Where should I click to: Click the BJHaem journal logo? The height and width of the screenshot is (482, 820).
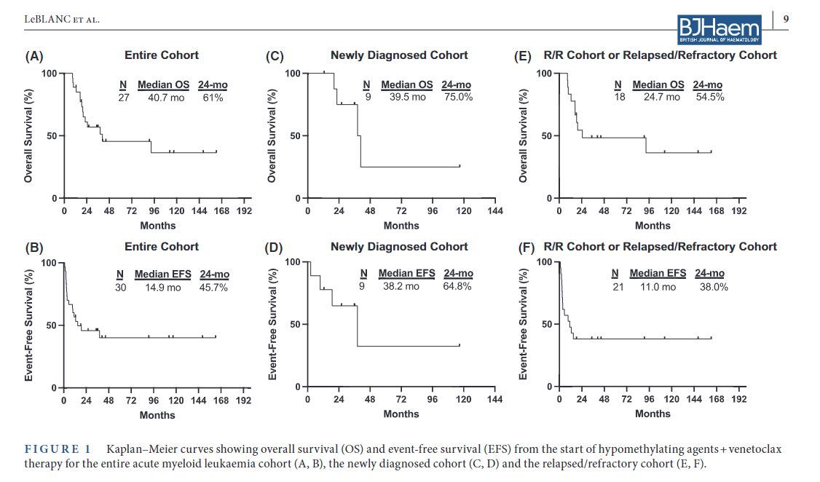pyautogui.click(x=719, y=29)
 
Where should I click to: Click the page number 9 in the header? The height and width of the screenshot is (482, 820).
pyautogui.click(x=785, y=18)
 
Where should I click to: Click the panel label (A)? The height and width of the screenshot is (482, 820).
pyautogui.click(x=34, y=56)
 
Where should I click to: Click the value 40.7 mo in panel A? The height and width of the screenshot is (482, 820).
pyautogui.click(x=167, y=97)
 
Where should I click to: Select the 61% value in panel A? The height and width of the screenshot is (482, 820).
pyautogui.click(x=213, y=97)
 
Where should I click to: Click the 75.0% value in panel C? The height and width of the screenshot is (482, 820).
pyautogui.click(x=458, y=96)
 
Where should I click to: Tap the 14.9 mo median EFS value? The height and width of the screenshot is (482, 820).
pyautogui.click(x=163, y=287)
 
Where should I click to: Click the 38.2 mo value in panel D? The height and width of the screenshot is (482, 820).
pyautogui.click(x=401, y=286)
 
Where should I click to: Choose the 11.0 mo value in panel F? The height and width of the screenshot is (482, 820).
pyautogui.click(x=658, y=287)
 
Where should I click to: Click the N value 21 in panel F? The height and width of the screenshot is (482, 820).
pyautogui.click(x=618, y=287)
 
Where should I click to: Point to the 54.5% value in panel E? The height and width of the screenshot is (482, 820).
pyautogui.click(x=709, y=96)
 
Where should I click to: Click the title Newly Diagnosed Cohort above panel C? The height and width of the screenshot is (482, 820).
pyautogui.click(x=399, y=55)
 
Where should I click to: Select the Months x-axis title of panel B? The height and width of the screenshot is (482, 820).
pyautogui.click(x=157, y=415)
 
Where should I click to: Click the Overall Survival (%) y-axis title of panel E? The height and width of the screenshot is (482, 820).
pyautogui.click(x=522, y=136)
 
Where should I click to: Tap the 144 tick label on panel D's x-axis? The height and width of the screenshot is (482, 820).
pyautogui.click(x=494, y=399)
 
